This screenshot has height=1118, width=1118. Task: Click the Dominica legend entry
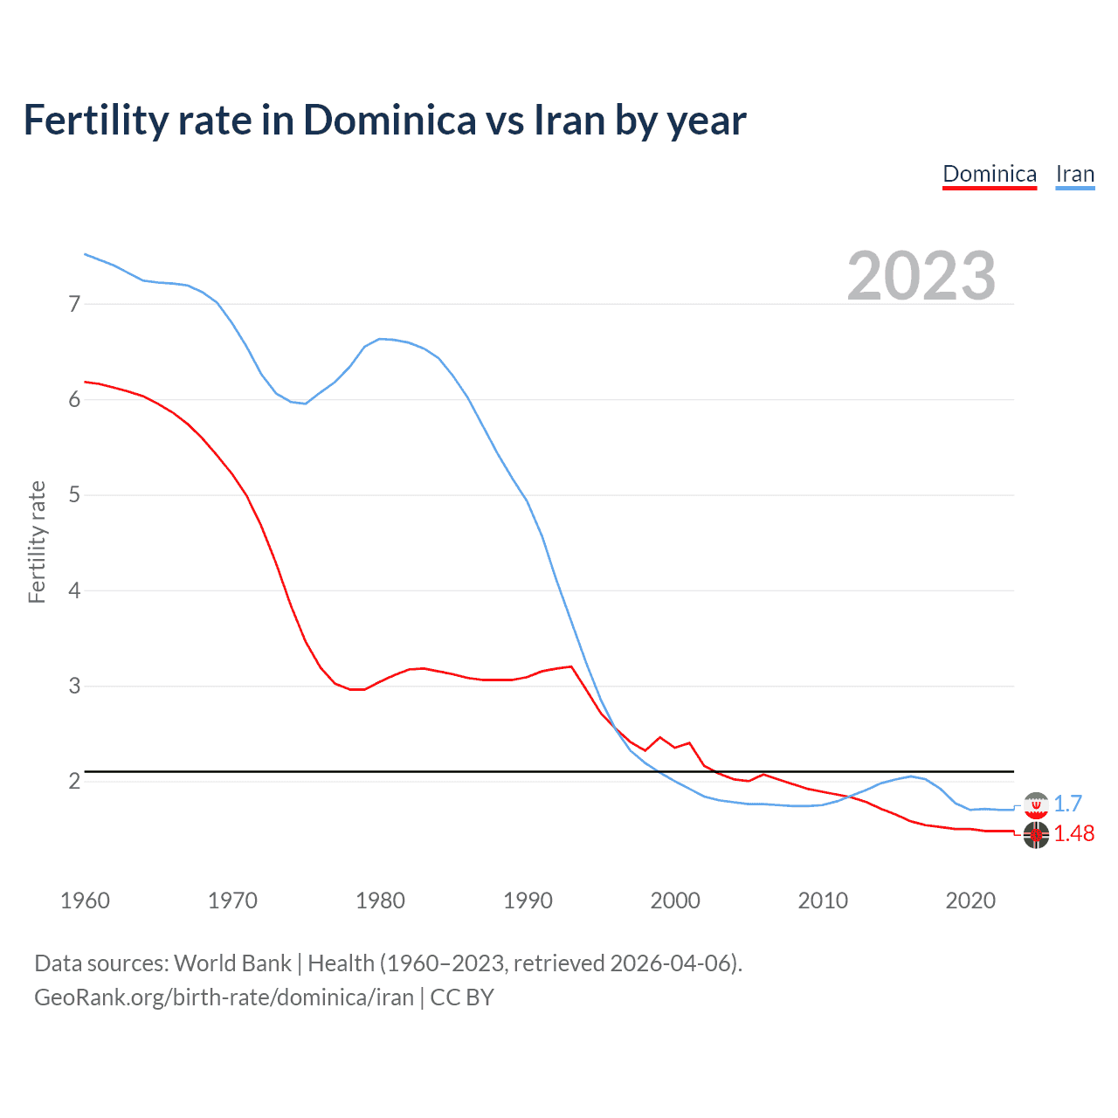[x=990, y=174]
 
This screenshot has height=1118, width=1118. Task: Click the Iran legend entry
[x=1074, y=174]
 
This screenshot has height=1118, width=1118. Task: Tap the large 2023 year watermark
[x=921, y=276]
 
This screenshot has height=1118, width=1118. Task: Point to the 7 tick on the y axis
[x=74, y=304]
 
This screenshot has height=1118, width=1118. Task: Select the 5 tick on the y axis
[x=74, y=495]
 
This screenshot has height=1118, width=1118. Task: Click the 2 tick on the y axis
[x=74, y=781]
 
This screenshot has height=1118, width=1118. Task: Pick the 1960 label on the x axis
[x=85, y=901]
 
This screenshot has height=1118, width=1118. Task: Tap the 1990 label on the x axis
[x=528, y=901]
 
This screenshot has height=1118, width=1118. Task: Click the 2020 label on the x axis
[x=970, y=901]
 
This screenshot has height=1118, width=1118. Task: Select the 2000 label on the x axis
[x=675, y=901]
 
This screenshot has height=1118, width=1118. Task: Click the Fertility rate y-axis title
[x=37, y=542]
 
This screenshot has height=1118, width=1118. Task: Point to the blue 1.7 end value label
[x=1067, y=804]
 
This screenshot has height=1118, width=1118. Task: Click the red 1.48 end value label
[x=1073, y=833]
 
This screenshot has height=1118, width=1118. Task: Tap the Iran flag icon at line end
[x=1036, y=804]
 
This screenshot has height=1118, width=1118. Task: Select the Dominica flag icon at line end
[x=1036, y=835]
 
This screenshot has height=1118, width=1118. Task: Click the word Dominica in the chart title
[x=390, y=121]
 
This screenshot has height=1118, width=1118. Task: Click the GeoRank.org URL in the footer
[x=224, y=997]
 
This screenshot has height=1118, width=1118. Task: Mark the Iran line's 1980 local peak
[x=380, y=339]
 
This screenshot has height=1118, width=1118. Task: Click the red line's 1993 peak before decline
[x=571, y=666]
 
